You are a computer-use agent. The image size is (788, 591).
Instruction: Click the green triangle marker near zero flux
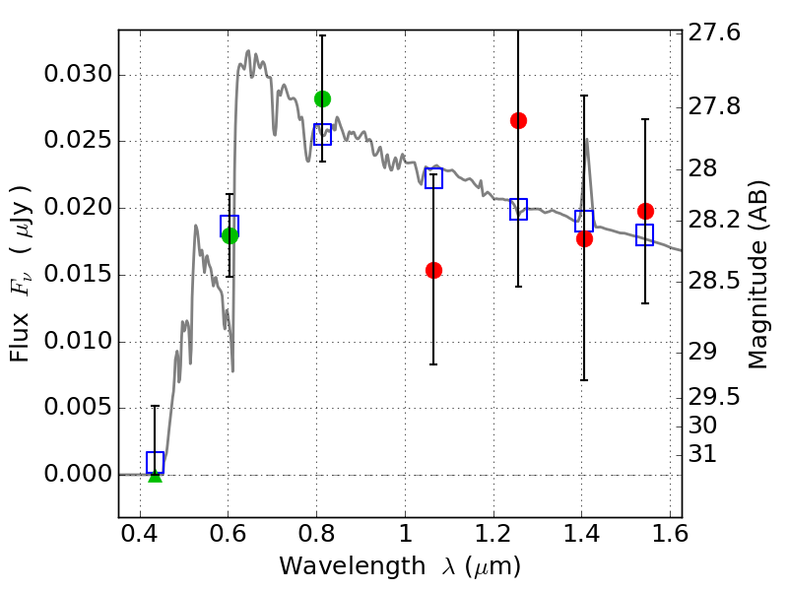click(x=156, y=477)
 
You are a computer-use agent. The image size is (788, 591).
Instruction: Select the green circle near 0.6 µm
click(x=230, y=235)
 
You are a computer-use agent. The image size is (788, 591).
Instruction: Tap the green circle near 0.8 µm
click(x=323, y=99)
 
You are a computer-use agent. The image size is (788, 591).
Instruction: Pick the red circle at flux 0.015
click(x=433, y=270)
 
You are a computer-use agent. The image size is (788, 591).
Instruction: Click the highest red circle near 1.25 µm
click(x=519, y=120)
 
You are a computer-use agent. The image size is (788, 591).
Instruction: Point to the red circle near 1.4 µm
click(x=584, y=238)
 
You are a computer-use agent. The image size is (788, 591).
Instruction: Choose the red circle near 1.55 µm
click(x=646, y=211)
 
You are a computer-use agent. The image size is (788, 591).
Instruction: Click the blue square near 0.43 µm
click(x=156, y=462)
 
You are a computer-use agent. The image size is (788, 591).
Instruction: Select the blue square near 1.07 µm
click(x=433, y=178)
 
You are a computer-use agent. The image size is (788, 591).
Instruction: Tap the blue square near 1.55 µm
click(x=645, y=234)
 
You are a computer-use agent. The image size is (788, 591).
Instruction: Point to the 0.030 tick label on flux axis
click(x=78, y=74)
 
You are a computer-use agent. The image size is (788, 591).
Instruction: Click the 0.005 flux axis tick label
click(x=78, y=406)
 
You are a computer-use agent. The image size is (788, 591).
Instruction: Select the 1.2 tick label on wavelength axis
click(x=493, y=534)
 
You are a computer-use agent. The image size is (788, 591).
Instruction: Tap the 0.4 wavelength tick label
click(x=140, y=534)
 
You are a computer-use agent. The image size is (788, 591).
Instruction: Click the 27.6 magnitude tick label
click(x=714, y=33)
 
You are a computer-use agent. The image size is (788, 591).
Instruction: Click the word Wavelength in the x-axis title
click(x=353, y=565)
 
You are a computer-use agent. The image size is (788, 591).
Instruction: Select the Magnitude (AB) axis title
click(x=757, y=275)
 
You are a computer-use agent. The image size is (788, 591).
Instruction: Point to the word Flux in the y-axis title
click(x=19, y=336)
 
